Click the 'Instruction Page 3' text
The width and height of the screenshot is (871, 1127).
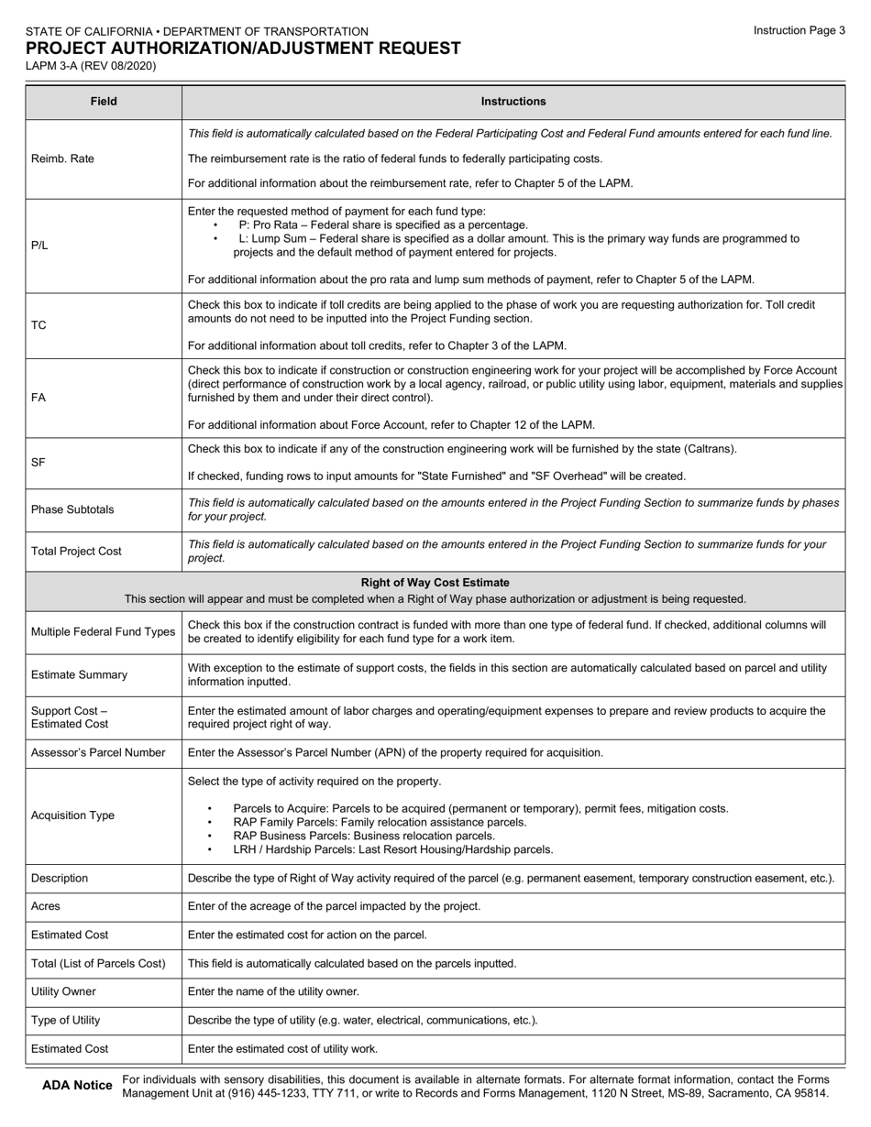(799, 30)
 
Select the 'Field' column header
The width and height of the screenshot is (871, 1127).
(104, 102)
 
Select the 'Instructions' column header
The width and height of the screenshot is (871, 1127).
(513, 102)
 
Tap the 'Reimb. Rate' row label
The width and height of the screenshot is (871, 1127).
(62, 159)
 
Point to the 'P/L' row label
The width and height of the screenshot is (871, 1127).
(39, 246)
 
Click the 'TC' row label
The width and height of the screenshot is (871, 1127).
(39, 325)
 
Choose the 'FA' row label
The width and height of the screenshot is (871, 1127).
(39, 398)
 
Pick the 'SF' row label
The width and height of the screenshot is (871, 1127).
(39, 463)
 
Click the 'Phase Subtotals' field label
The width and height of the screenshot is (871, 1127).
(73, 509)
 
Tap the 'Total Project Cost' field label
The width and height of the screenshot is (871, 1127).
(77, 552)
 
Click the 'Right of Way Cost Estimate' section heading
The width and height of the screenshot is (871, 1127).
(435, 583)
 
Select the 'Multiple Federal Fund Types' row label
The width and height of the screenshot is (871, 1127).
(103, 632)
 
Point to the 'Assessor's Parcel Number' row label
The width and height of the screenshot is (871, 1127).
(98, 753)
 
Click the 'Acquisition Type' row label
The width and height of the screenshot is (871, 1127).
(73, 815)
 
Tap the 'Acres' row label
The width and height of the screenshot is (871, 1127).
(47, 906)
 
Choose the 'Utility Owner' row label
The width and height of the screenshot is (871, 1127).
(63, 991)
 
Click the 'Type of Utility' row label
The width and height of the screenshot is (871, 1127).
(66, 1021)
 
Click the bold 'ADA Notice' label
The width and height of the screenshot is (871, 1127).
(78, 1086)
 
